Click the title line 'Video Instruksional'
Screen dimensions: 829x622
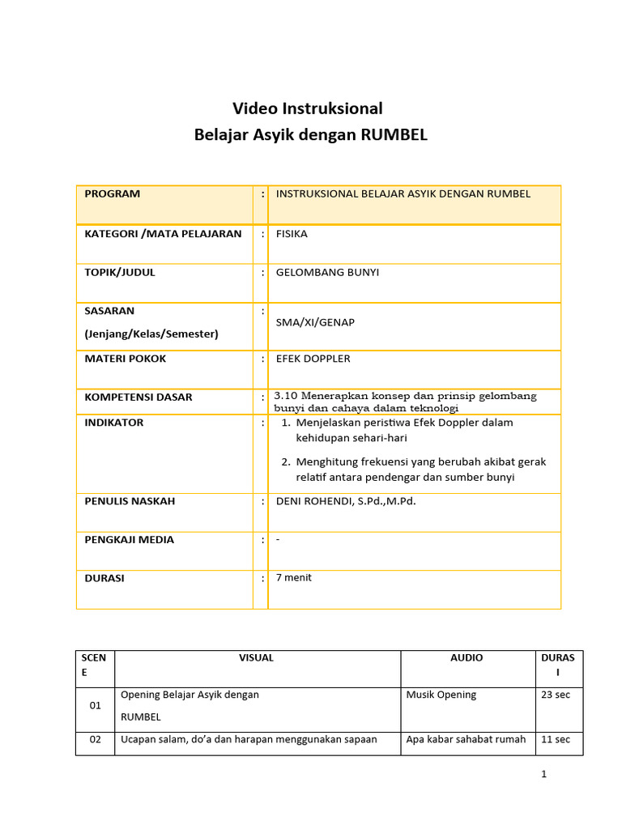click(308, 108)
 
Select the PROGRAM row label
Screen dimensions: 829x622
click(113, 193)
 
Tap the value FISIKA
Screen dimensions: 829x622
click(292, 234)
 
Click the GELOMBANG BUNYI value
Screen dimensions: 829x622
click(327, 272)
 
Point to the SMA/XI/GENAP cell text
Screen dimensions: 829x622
click(315, 322)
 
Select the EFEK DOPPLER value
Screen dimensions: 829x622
click(313, 358)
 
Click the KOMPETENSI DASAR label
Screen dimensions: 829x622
click(138, 397)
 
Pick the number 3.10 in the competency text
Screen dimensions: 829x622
click(288, 396)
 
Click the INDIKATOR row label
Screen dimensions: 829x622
click(114, 423)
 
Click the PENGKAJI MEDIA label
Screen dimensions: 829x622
click(130, 539)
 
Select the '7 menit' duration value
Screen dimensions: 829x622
click(294, 577)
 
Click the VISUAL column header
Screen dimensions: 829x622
click(257, 657)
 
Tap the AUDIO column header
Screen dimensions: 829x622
click(466, 657)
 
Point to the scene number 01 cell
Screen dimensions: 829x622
click(96, 705)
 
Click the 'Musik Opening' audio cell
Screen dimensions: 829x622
click(441, 695)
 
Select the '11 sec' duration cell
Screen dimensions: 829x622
click(556, 739)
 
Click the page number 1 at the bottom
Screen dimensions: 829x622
click(544, 774)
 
